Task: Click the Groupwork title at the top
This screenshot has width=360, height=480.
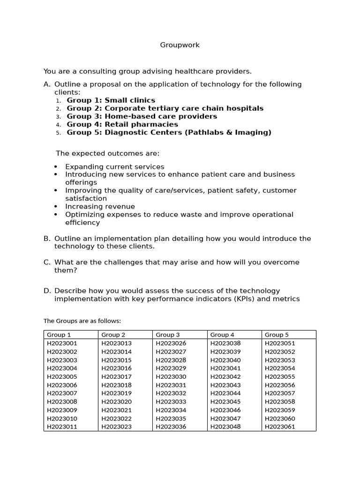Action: tap(180, 45)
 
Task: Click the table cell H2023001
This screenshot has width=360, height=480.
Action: tap(62, 343)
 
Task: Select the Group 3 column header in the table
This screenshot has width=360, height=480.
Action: tap(168, 335)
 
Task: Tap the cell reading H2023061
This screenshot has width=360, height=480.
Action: tap(280, 427)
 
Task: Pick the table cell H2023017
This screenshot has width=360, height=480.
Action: tap(116, 376)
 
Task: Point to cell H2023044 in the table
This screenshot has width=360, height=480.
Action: tap(225, 393)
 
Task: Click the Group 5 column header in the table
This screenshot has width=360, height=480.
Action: tap(277, 335)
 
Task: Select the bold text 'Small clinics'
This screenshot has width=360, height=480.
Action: tap(130, 100)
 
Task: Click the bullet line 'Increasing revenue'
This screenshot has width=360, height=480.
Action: tap(100, 206)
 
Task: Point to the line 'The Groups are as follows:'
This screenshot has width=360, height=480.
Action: tap(82, 321)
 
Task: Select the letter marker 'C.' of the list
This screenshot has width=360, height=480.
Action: tap(47, 262)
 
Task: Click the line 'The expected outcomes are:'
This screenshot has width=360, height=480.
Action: tap(107, 153)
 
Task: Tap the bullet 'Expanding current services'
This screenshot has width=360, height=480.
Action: tap(114, 166)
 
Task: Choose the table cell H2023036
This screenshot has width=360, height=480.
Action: tap(171, 427)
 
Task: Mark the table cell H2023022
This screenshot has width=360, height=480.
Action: tap(116, 419)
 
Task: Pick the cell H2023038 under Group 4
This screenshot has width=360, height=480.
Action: tap(225, 343)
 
